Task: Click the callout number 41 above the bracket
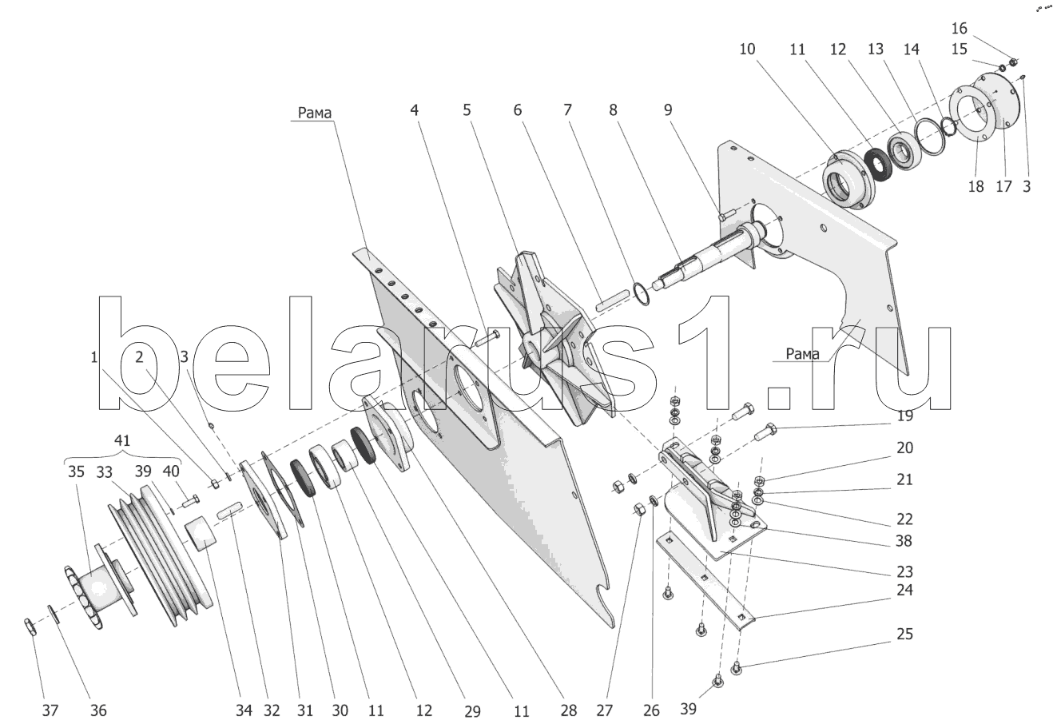click(122, 441)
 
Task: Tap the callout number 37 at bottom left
click(50, 709)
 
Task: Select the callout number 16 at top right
click(960, 28)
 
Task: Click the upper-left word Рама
click(316, 113)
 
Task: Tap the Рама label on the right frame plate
click(802, 353)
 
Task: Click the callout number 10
click(747, 49)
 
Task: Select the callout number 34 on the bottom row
click(243, 709)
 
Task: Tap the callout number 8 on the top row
click(614, 109)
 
